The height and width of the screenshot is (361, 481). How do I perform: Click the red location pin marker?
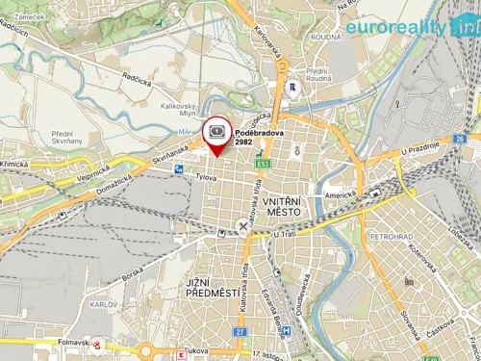[x=216, y=135]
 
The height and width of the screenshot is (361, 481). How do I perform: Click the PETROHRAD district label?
[x=392, y=235]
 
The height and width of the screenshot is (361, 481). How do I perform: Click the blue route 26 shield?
[x=461, y=140]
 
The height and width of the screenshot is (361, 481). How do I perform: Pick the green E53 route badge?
[x=262, y=165]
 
